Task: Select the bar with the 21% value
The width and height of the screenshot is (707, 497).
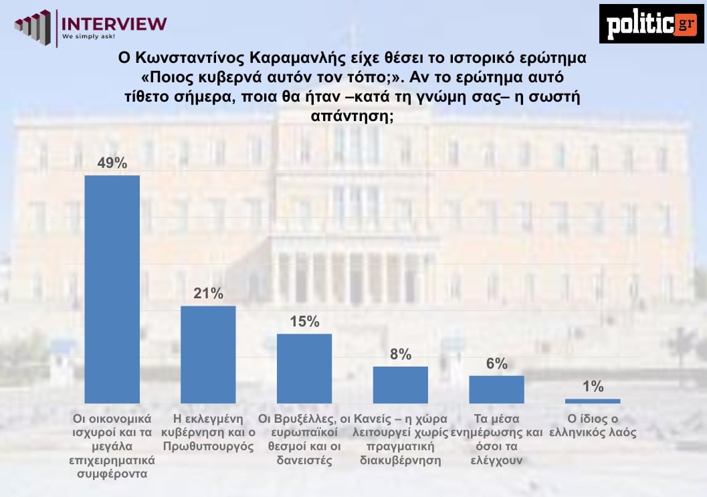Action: pyautogui.click(x=208, y=355)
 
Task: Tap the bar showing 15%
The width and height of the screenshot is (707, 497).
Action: pyautogui.click(x=304, y=369)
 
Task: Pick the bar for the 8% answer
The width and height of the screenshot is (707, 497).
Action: pyautogui.click(x=400, y=385)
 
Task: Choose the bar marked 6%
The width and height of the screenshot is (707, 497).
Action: pyautogui.click(x=496, y=389)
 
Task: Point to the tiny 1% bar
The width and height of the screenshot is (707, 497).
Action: pyautogui.click(x=592, y=401)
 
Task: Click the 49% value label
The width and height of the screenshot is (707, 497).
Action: pyautogui.click(x=112, y=164)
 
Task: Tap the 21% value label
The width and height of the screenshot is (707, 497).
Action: pyautogui.click(x=208, y=294)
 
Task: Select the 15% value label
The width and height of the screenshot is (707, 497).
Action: pyautogui.click(x=304, y=322)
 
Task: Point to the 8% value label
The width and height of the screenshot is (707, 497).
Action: pyautogui.click(x=400, y=355)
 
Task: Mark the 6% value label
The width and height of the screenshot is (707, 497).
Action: pyautogui.click(x=496, y=364)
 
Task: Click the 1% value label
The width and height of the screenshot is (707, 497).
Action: pyautogui.click(x=593, y=387)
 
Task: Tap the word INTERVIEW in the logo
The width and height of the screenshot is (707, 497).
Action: pyautogui.click(x=114, y=22)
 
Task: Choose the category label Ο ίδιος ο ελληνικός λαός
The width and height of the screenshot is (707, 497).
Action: pyautogui.click(x=592, y=426)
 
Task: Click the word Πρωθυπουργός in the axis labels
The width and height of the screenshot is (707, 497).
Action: pyautogui.click(x=208, y=446)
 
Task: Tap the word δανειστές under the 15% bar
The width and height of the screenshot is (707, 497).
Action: pyautogui.click(x=304, y=460)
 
